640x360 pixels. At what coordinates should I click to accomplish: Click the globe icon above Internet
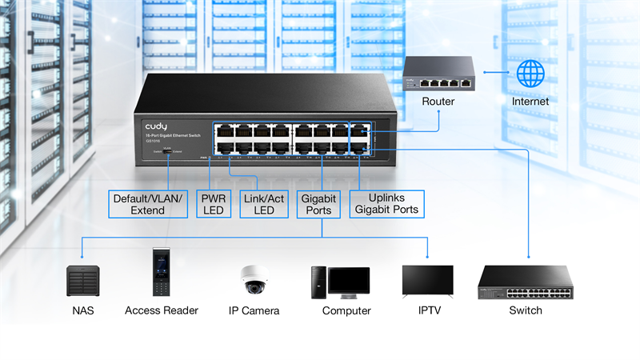pos(530,74)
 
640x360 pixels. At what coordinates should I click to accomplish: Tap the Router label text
pos(438,102)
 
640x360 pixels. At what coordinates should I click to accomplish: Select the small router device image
pos(438,75)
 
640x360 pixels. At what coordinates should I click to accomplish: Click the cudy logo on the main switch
pos(156,126)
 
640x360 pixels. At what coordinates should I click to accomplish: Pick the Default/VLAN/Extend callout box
pos(147,204)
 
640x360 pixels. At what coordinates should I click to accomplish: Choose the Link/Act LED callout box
pos(263,204)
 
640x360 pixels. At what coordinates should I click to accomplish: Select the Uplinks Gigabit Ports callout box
pos(387,204)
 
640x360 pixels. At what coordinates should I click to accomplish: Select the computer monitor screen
pos(349,281)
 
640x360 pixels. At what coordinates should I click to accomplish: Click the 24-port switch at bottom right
pos(525,281)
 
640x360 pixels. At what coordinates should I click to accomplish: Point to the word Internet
pos(530,102)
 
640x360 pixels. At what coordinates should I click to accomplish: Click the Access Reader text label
pos(161,310)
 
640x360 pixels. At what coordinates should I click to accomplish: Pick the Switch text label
pos(525,310)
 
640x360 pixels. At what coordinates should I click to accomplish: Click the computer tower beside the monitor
pos(318,281)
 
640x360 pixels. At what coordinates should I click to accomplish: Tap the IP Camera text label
pos(254,310)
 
